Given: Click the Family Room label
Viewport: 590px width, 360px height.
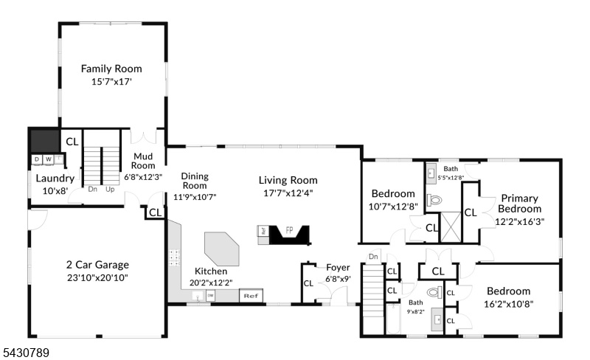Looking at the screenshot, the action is click(x=111, y=69).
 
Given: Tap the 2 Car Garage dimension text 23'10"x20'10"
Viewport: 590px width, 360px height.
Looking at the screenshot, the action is click(x=98, y=278).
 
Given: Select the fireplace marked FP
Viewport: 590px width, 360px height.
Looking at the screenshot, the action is click(x=290, y=235).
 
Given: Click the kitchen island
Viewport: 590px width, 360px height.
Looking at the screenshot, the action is click(x=222, y=249).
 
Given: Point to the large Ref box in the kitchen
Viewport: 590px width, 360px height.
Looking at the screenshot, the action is click(x=251, y=296).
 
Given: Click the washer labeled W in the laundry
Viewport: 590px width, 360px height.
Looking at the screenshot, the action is click(x=49, y=159).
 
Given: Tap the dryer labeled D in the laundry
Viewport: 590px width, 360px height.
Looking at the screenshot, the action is click(x=37, y=159).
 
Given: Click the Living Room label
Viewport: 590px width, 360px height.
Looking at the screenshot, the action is click(x=288, y=181).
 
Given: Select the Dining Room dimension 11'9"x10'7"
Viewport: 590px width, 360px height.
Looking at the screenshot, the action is click(x=195, y=196).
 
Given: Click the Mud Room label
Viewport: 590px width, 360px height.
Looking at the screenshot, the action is click(x=143, y=161).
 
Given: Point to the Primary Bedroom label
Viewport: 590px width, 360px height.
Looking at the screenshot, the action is click(x=520, y=204).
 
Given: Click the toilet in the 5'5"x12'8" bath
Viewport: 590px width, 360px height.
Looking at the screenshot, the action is click(x=434, y=199).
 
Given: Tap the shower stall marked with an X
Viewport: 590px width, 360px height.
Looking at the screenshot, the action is click(x=451, y=227).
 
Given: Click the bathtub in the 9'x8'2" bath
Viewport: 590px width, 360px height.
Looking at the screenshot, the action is click(x=393, y=319).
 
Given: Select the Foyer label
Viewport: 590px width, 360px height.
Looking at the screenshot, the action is click(x=338, y=268).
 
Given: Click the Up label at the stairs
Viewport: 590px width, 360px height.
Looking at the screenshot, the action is click(x=110, y=190).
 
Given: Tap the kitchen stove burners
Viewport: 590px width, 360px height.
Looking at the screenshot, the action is click(x=174, y=257).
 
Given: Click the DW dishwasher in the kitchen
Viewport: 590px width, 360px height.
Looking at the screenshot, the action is click(x=211, y=296).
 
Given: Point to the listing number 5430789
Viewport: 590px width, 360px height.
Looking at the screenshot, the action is click(x=27, y=353).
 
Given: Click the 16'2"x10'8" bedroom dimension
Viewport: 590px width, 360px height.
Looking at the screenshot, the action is click(x=509, y=304).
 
